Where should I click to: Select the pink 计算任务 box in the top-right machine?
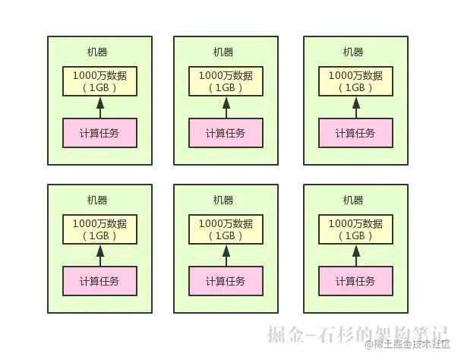click(355, 133)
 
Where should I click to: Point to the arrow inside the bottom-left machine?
click(99, 255)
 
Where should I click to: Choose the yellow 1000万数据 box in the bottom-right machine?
click(355, 229)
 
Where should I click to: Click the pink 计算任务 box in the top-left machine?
click(99, 133)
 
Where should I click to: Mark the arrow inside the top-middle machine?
click(226, 107)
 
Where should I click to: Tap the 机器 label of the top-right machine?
click(353, 52)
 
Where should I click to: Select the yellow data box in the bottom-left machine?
click(99, 229)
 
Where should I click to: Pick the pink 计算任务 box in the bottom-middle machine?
click(226, 281)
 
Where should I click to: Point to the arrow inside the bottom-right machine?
click(355, 255)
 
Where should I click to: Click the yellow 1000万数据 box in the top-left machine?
click(99, 81)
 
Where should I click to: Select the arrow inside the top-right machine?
click(355, 107)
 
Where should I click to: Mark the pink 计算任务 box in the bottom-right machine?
click(355, 281)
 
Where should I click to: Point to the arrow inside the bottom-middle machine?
click(226, 255)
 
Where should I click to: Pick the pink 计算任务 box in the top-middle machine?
click(226, 133)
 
